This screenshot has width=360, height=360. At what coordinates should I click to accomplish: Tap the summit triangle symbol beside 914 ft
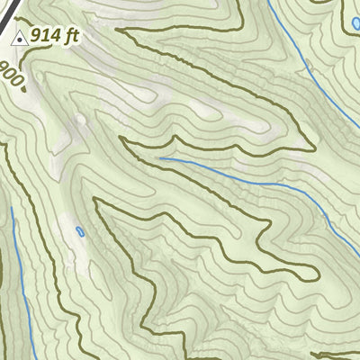[x=19, y=37]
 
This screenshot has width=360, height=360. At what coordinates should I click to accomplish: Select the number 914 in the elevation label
[x=45, y=36]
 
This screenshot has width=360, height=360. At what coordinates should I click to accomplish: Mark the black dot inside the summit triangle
[x=19, y=39]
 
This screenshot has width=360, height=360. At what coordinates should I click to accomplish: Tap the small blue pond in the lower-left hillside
[x=80, y=232]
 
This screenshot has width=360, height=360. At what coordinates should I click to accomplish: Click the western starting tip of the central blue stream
[x=161, y=158]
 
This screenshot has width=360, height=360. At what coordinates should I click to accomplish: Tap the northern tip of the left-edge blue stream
[x=12, y=209]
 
